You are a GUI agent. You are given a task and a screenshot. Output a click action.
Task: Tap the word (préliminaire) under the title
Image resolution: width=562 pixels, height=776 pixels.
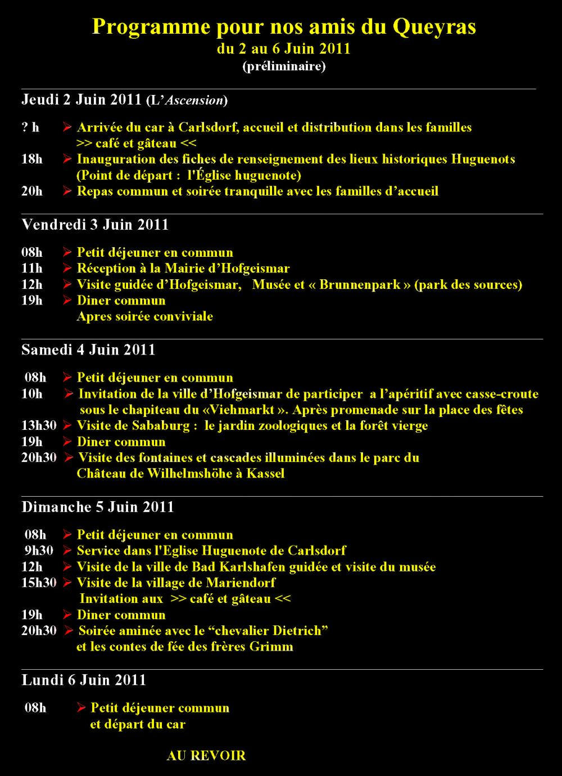coord(284,66)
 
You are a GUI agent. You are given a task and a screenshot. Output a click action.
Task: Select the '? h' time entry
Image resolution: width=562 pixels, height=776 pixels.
coord(30,128)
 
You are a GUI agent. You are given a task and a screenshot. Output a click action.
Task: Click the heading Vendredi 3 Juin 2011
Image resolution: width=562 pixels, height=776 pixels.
coord(95,225)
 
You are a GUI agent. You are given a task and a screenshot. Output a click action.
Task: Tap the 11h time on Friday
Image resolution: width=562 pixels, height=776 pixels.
coord(32,269)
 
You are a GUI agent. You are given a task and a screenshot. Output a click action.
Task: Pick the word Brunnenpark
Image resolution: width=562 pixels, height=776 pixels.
coord(360,284)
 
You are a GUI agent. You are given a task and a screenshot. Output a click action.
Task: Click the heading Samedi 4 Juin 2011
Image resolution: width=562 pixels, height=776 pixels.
coord(88,350)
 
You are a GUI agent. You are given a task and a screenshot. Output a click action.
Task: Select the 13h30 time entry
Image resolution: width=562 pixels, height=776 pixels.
coord(39,425)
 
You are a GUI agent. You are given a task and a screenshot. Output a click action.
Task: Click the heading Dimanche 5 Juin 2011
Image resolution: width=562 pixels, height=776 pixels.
coord(98,507)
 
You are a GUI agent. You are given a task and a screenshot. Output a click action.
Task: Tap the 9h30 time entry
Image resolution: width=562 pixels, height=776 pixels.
coord(39,551)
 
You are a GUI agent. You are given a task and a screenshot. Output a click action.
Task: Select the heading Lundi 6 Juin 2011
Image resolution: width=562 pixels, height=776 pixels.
coord(84,680)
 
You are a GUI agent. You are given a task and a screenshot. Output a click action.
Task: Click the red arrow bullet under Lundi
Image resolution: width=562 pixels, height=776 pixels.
coord(81,708)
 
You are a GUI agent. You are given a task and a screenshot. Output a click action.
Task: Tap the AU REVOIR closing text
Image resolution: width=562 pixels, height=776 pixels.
coord(206,756)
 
